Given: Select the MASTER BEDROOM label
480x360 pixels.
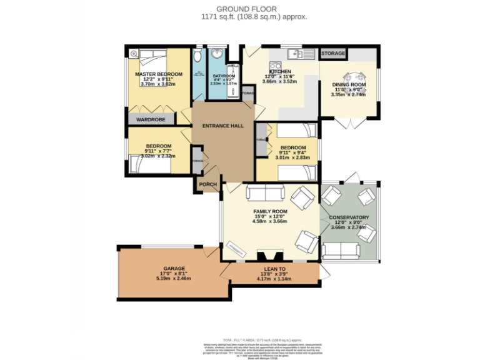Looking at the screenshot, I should coord(159,74).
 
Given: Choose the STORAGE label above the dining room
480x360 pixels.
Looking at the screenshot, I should coord(333,54).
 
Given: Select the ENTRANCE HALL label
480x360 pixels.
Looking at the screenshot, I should coord(222,126).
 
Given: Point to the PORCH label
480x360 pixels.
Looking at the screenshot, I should coord(207,184).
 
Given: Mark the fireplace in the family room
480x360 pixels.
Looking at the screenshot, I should coord(270,256).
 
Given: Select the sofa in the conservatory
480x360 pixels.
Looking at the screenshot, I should coord(341,251).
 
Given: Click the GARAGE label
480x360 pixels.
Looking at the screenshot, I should coord(156,268).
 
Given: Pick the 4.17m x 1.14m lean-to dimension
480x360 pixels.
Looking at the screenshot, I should coord(274,279).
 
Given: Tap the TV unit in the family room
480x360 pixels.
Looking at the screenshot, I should coord(235,249).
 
